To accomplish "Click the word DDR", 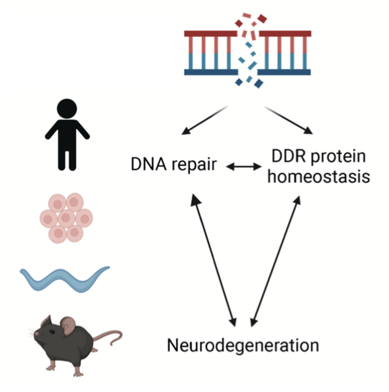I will point(288,157).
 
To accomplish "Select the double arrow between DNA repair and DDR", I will point(243,167).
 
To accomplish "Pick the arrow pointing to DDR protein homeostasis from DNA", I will point(287,119).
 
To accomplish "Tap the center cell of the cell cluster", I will point(66,218).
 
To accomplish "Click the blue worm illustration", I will point(65,279).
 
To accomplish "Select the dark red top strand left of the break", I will point(210,34).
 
